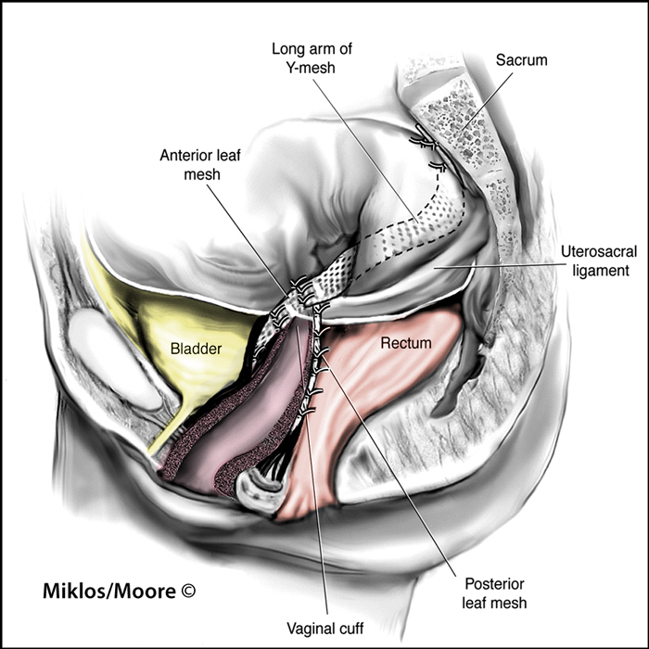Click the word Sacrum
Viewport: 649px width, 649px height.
(521, 60)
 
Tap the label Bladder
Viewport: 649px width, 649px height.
(197, 349)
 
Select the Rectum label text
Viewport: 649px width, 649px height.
(406, 343)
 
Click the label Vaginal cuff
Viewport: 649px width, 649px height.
(325, 629)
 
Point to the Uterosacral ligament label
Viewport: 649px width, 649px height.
(599, 261)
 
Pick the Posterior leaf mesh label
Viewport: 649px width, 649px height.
(494, 592)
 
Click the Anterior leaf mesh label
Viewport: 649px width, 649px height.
(200, 165)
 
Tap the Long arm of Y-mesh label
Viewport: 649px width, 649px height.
(312, 57)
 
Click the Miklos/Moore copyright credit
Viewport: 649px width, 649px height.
(120, 592)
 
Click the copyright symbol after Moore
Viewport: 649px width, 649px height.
(188, 591)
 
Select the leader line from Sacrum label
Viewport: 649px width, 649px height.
(487, 101)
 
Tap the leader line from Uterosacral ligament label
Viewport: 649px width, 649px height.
(495, 265)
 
